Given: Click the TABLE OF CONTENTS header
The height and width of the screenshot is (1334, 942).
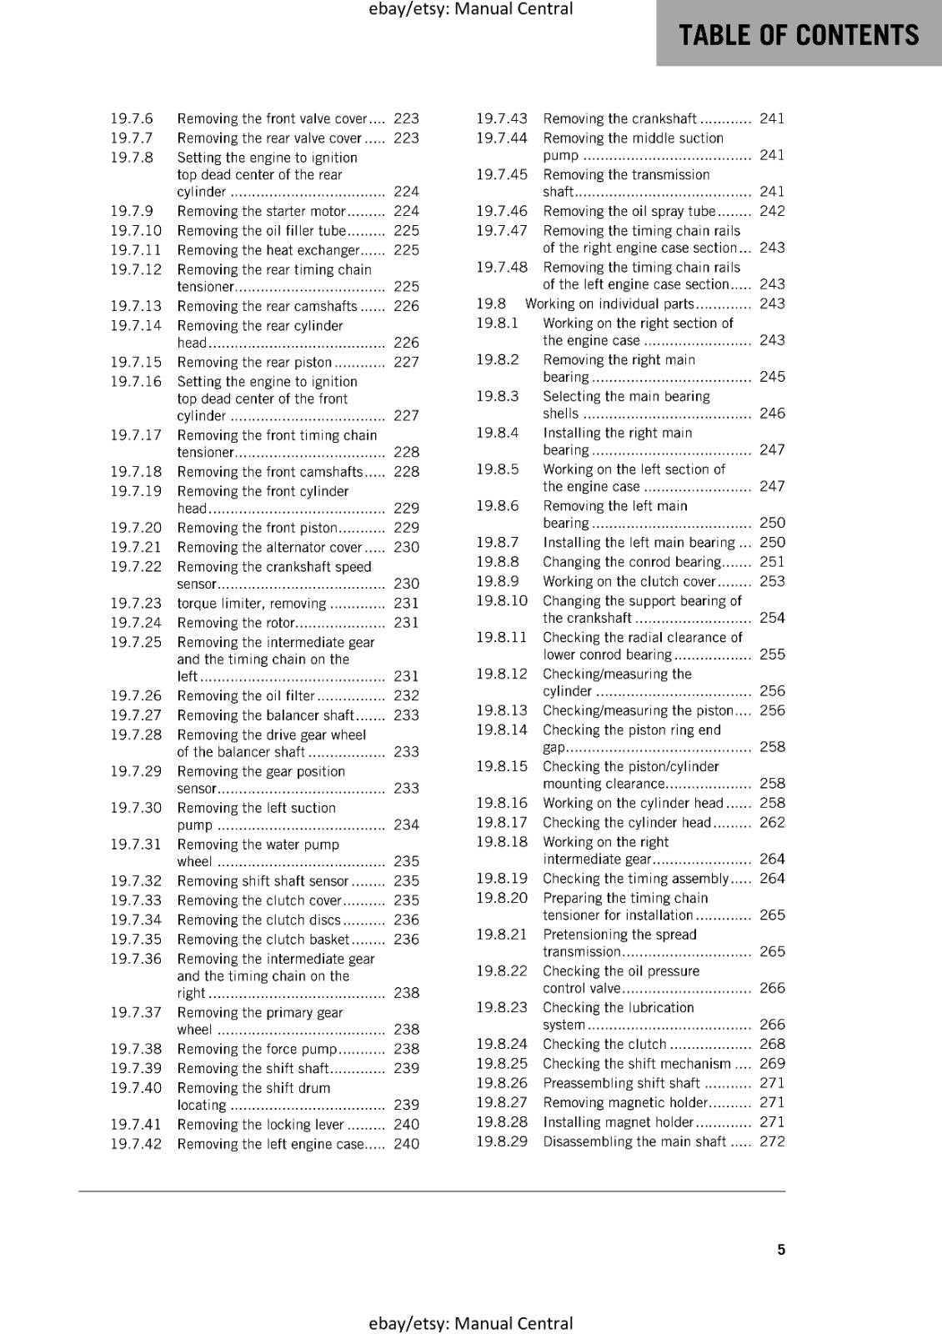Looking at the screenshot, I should (x=799, y=35).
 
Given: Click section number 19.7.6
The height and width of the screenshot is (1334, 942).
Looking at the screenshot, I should (x=132, y=118).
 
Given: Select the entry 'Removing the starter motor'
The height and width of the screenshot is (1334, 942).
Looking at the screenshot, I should (x=261, y=211).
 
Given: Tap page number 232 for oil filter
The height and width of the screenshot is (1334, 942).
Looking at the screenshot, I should (x=406, y=695).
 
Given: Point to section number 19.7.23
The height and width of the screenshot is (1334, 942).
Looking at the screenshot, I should (x=136, y=603).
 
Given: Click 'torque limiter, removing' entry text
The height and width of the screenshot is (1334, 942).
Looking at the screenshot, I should (x=251, y=603).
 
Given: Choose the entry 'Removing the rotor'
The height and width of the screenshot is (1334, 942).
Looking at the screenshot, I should (x=236, y=623).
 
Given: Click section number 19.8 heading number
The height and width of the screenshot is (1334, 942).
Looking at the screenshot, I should (x=491, y=303).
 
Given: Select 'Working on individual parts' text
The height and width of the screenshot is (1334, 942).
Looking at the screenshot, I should (x=609, y=303).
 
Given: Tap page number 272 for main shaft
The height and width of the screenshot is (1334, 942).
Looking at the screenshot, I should (x=772, y=1141).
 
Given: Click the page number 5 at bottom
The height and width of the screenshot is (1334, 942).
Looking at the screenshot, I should (x=781, y=1249).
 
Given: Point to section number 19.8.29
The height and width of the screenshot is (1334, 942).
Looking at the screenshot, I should (x=502, y=1141).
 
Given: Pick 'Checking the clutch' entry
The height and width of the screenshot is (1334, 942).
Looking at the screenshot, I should (x=604, y=1044).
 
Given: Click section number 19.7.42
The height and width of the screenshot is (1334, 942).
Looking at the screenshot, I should (x=136, y=1144).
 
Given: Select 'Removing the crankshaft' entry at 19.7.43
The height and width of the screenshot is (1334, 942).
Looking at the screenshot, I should (x=619, y=118).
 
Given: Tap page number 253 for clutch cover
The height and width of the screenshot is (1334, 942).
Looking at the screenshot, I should (x=772, y=581).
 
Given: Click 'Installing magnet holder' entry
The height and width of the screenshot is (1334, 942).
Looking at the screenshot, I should (x=618, y=1122).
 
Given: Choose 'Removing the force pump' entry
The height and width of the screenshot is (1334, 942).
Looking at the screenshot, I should (x=257, y=1049).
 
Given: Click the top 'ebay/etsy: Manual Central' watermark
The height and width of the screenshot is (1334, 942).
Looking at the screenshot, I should (x=470, y=9).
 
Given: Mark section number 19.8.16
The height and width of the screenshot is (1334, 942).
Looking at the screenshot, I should (x=502, y=803).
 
